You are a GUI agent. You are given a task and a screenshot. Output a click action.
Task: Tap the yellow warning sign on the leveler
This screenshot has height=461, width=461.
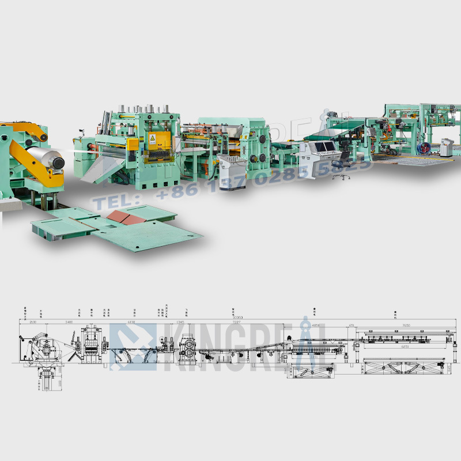153,139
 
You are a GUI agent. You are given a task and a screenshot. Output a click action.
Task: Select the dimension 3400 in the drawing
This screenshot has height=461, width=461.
69,323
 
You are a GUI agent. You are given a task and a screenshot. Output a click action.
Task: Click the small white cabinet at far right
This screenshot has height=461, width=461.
447,148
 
